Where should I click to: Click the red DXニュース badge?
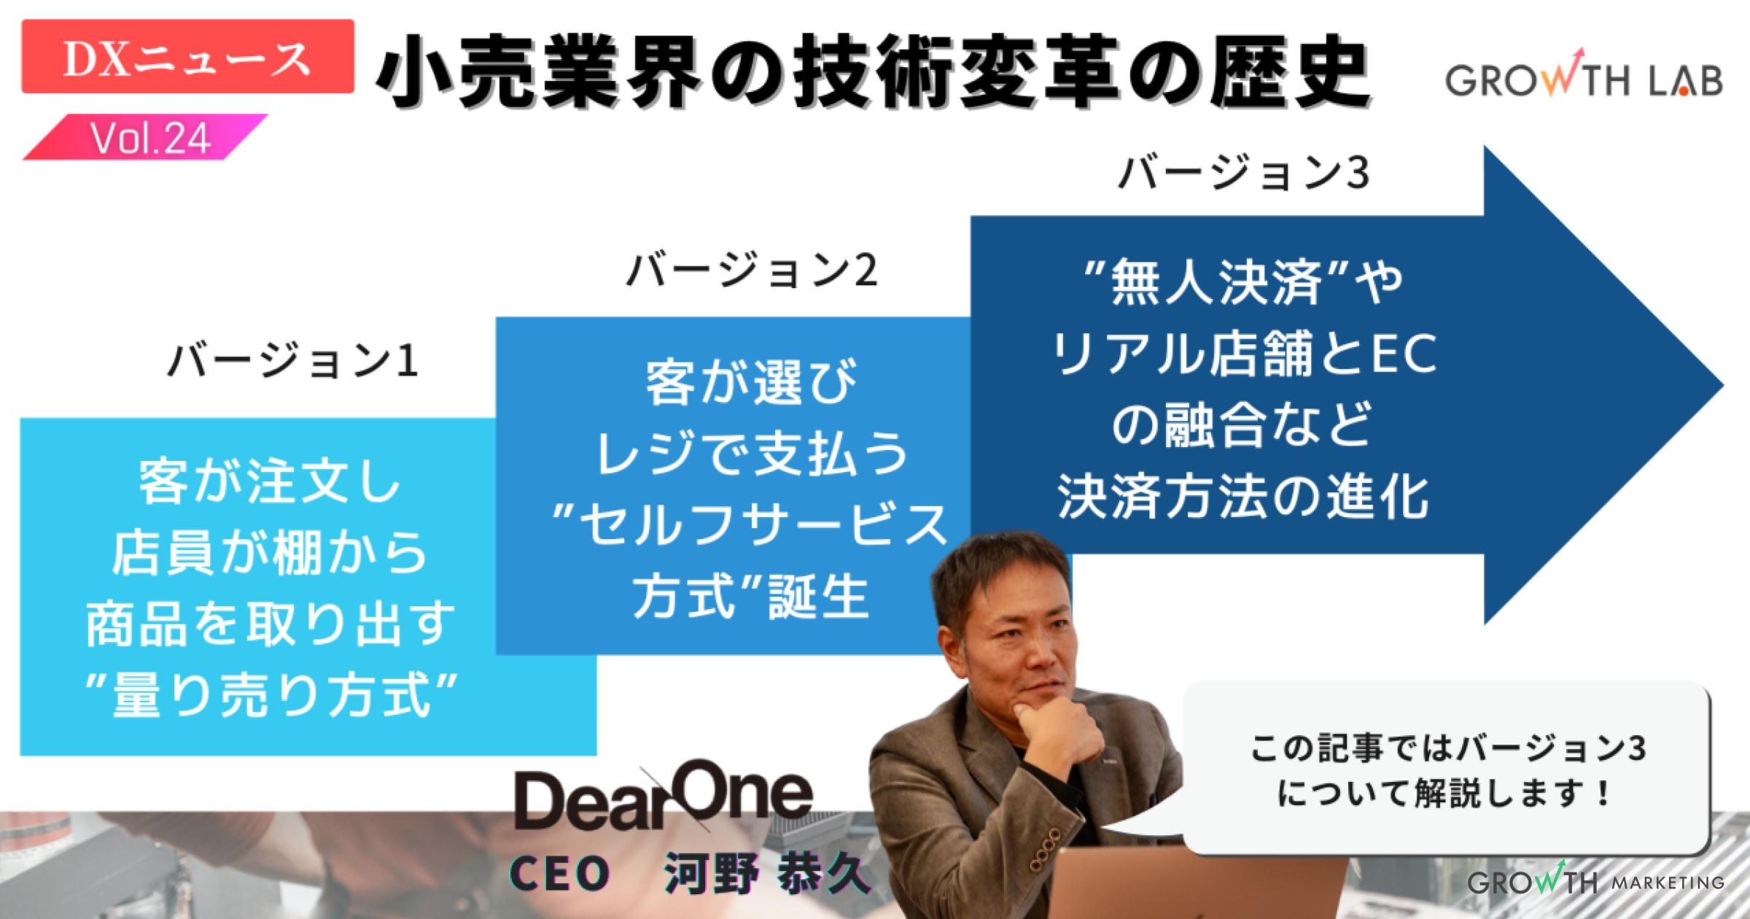(x=187, y=57)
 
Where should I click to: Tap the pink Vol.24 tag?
(x=149, y=138)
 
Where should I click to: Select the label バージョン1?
(x=292, y=361)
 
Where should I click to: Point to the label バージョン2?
(x=751, y=271)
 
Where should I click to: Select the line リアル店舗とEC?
(x=1242, y=357)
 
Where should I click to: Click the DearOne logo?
(x=663, y=802)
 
